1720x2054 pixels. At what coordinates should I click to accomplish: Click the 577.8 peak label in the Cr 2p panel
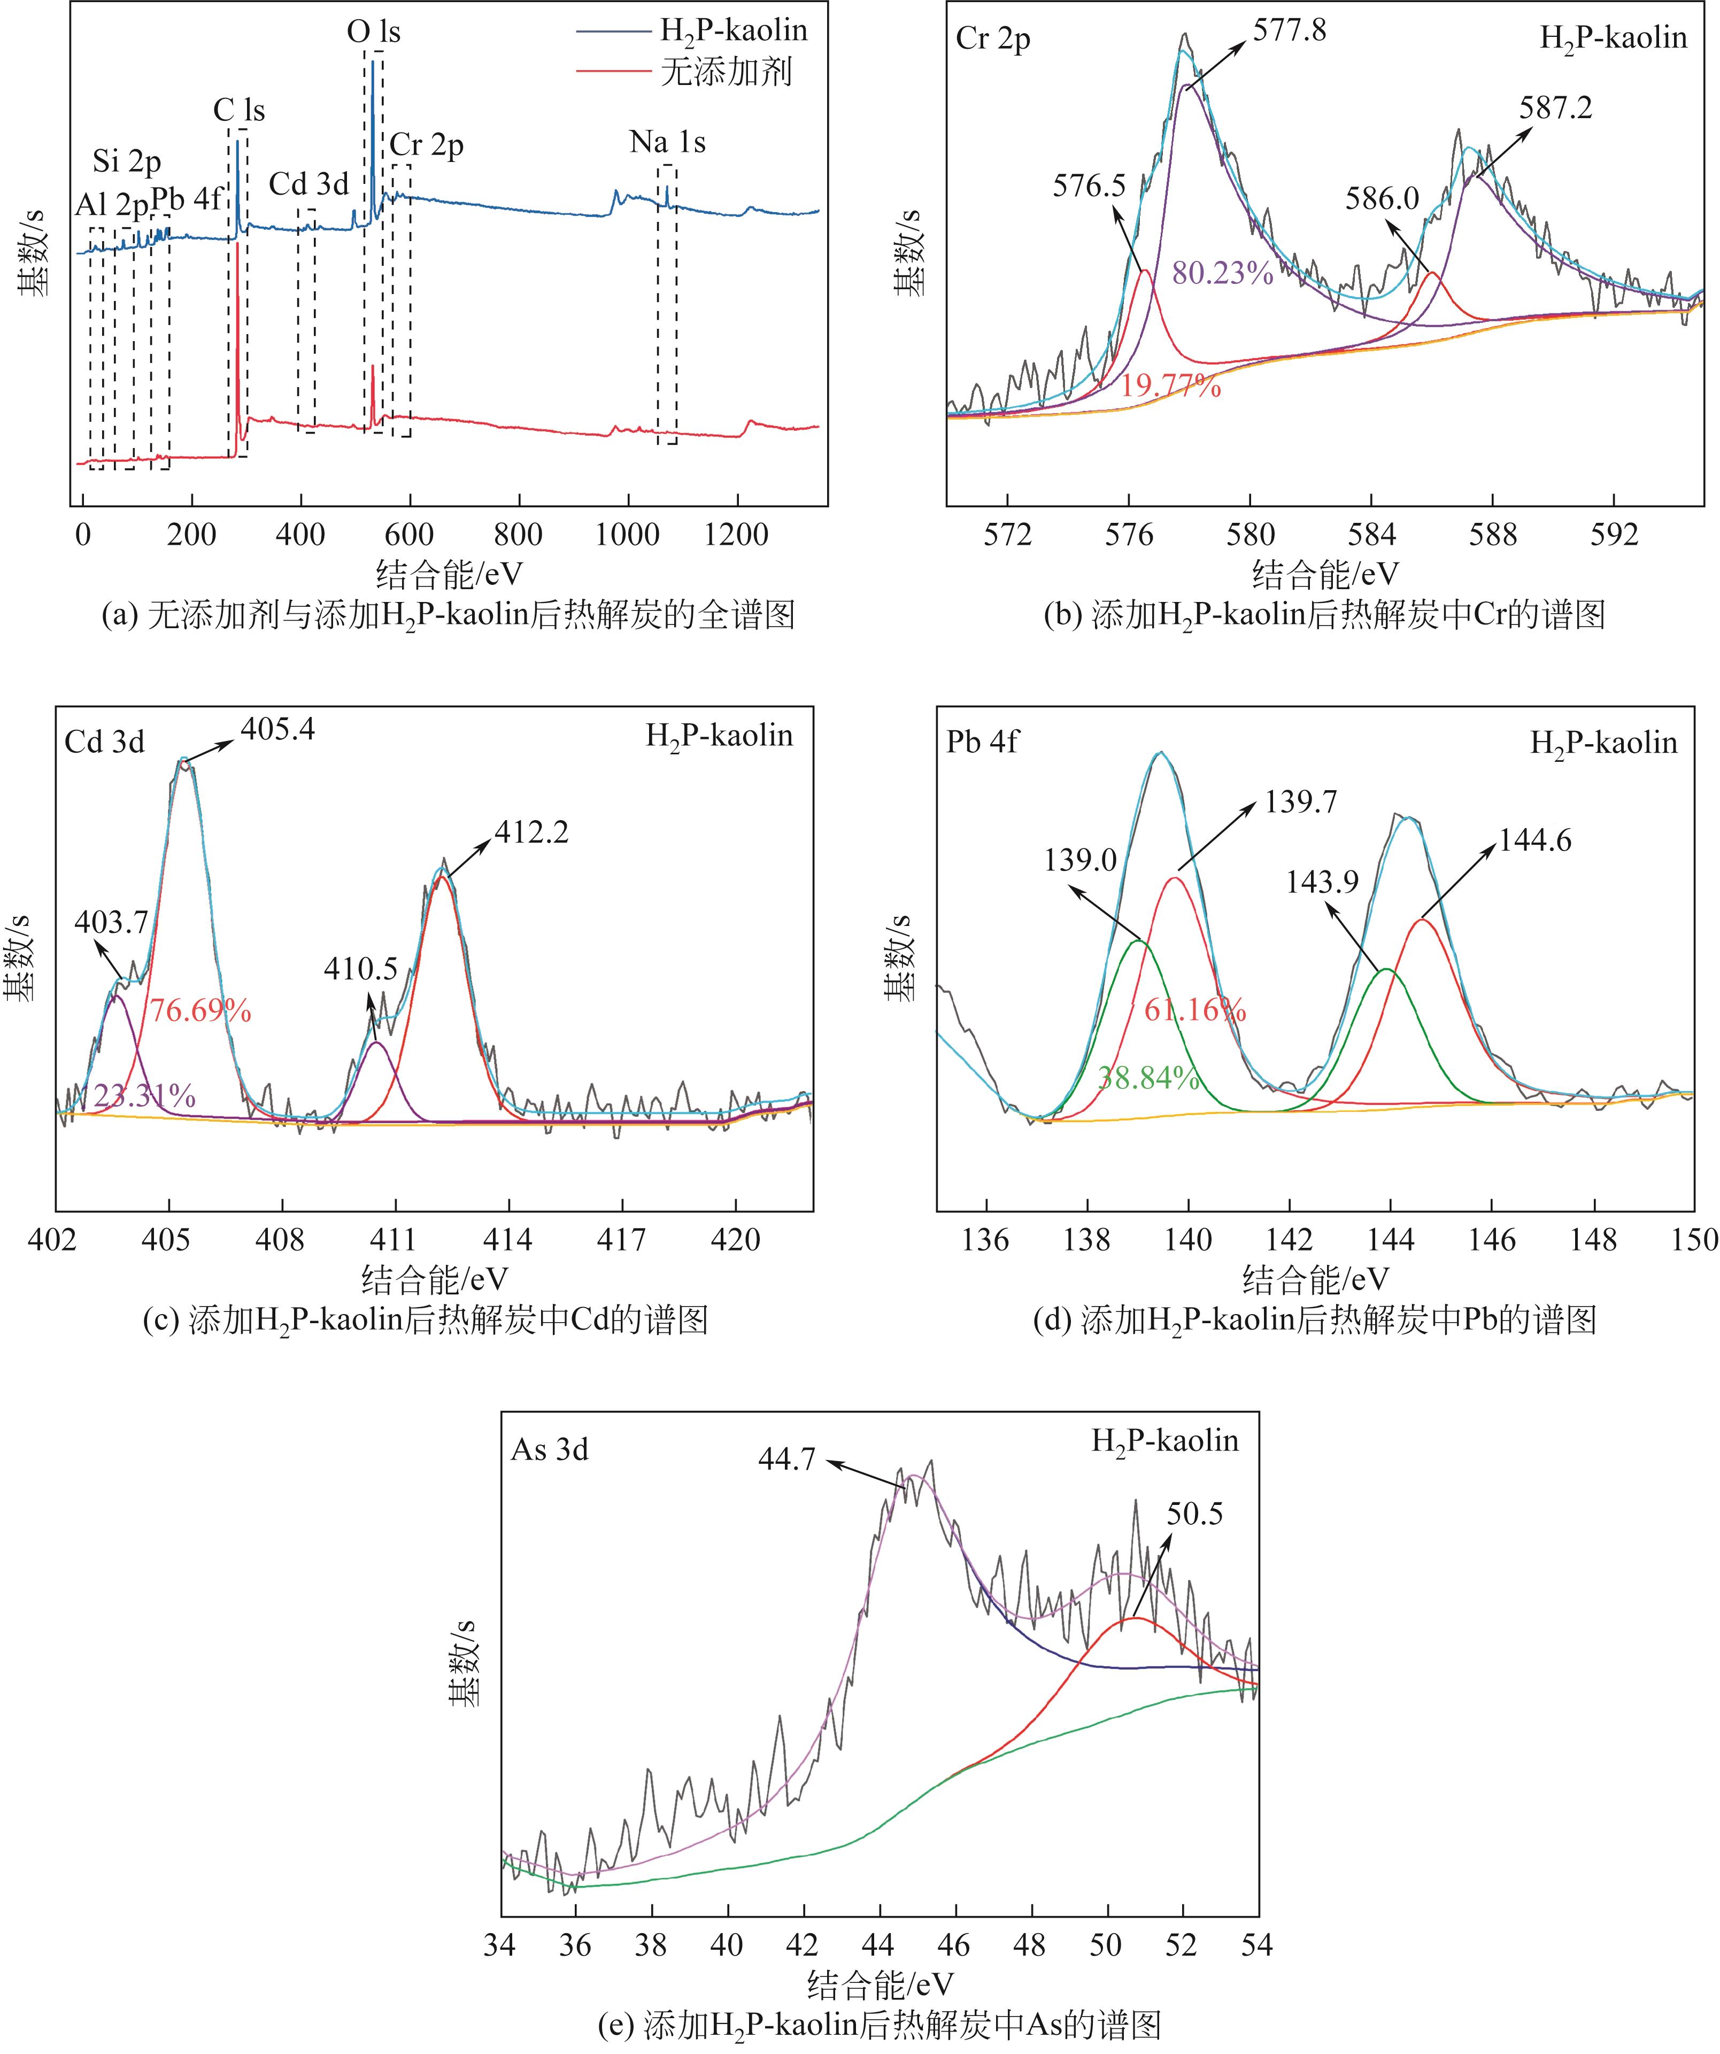(1290, 32)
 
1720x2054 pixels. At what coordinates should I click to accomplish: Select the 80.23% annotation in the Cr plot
(1222, 273)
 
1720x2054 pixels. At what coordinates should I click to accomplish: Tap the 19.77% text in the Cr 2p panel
(1170, 387)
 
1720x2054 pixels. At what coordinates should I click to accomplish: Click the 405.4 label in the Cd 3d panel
(278, 730)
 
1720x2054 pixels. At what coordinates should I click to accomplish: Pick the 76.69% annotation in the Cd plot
(199, 1010)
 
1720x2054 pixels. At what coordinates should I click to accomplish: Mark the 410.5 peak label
(361, 969)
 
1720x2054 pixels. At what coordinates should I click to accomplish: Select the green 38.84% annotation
(1147, 1078)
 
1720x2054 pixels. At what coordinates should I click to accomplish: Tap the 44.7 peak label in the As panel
(786, 1460)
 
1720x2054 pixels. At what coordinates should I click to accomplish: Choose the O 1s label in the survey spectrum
(374, 32)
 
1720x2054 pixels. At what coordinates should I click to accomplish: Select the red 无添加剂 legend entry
(724, 72)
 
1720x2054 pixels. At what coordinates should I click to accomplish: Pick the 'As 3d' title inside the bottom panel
(550, 1449)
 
